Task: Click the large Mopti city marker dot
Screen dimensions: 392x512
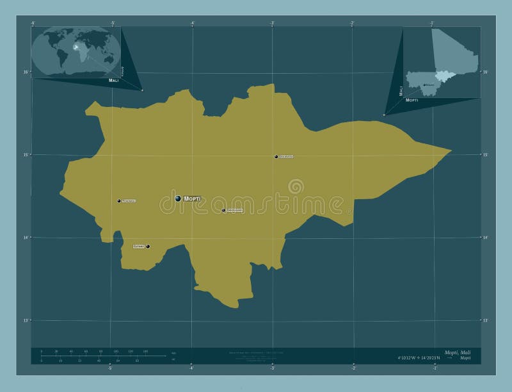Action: click(179, 199)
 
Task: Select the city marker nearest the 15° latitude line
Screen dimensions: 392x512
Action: click(276, 156)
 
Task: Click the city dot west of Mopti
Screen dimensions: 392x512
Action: click(119, 201)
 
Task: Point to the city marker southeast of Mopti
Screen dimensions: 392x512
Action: click(223, 210)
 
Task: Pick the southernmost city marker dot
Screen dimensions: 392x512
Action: click(148, 246)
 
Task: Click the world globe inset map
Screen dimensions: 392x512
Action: click(75, 51)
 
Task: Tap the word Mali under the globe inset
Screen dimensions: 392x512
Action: click(114, 82)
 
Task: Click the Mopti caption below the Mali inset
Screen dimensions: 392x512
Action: click(412, 101)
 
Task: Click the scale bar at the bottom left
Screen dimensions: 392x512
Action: click(93, 356)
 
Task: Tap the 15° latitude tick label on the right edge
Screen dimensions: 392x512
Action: click(485, 154)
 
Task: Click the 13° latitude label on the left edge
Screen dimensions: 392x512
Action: click(26, 320)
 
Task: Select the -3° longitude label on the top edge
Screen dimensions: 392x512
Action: click(272, 23)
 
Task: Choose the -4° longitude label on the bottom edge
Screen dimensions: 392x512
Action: click(191, 368)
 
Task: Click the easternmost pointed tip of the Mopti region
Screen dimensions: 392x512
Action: click(451, 151)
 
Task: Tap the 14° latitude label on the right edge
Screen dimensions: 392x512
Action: click(485, 238)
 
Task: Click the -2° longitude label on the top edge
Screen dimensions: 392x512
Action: click(352, 23)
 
